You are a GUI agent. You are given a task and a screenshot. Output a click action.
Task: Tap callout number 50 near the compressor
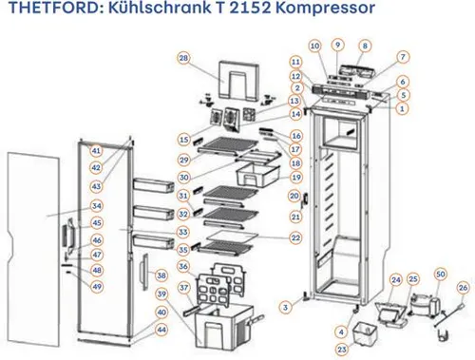pos(440,274)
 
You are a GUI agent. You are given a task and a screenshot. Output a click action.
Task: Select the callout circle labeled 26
pos(463,286)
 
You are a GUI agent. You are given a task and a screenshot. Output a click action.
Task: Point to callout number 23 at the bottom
pos(341,350)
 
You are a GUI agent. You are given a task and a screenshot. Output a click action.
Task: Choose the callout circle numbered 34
pos(96,205)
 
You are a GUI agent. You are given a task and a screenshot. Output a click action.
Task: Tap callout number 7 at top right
pos(403,57)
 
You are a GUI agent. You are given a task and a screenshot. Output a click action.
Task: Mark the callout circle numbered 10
pos(314,46)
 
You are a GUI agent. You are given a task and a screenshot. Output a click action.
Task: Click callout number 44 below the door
pos(161,329)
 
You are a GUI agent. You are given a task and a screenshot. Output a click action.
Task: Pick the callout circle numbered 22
pos(296,237)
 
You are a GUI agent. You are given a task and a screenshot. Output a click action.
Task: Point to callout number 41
pos(96,151)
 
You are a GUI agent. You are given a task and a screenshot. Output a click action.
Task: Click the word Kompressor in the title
pos(313,10)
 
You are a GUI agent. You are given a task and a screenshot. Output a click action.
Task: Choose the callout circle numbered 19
pos(296,178)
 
